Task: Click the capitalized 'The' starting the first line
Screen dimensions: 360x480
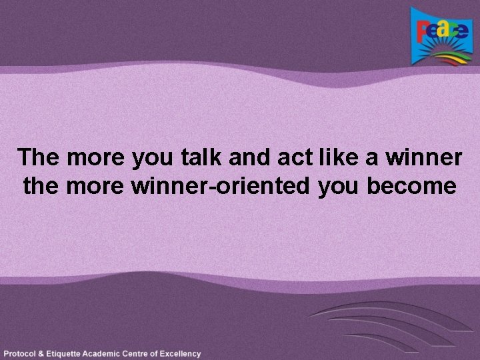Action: [39, 158]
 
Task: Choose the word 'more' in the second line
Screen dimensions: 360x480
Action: [97, 185]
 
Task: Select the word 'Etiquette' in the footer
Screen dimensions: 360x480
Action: [70, 353]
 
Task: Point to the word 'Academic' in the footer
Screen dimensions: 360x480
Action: [113, 353]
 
